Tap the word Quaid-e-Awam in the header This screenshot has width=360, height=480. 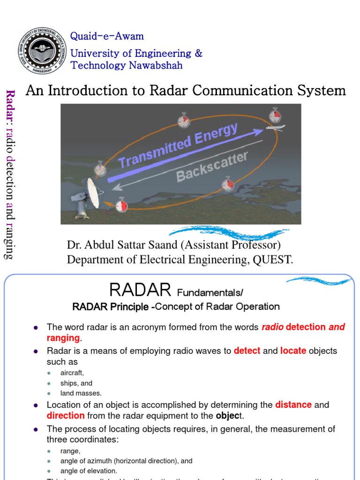click(107, 37)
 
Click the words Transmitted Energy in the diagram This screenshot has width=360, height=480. click(178, 145)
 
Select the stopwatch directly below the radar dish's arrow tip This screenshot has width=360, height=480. click(121, 205)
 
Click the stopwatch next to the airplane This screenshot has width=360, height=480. click(275, 115)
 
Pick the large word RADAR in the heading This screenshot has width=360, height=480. click(140, 291)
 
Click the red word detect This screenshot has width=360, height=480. click(247, 351)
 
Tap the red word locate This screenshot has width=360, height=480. click(293, 351)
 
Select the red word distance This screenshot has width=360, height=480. click(293, 405)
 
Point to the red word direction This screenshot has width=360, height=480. click(66, 416)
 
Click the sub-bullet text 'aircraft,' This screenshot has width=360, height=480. click(72, 373)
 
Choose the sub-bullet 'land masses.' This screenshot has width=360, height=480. click(81, 393)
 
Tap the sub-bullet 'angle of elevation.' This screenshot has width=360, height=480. click(89, 471)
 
